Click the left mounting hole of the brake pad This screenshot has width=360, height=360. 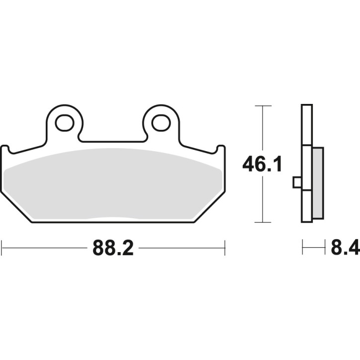pos(64,122)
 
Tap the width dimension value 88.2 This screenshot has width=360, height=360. pos(113,247)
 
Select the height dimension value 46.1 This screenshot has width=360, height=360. pos(262,164)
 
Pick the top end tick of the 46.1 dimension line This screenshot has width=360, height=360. pos(263,106)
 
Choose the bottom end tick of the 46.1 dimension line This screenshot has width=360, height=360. pos(263,222)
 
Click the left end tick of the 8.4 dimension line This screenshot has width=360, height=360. pos(302,247)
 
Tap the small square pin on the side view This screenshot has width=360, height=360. pos(297,182)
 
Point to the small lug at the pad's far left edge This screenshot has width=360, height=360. pos(5,149)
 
